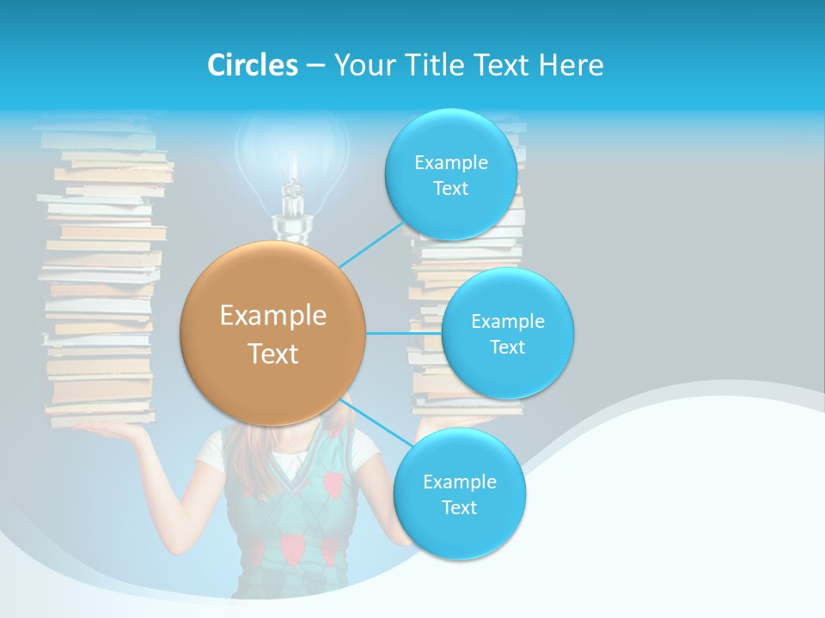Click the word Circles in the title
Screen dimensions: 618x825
(253, 65)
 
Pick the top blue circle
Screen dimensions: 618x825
(450, 174)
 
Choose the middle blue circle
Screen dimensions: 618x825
(507, 333)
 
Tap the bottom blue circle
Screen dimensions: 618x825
(459, 494)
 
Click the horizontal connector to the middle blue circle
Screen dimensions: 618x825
(404, 333)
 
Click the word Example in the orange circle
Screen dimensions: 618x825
(273, 316)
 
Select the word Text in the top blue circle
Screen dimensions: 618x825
(450, 189)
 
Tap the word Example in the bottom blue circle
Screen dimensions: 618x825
(459, 482)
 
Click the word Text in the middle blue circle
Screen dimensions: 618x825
(507, 348)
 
